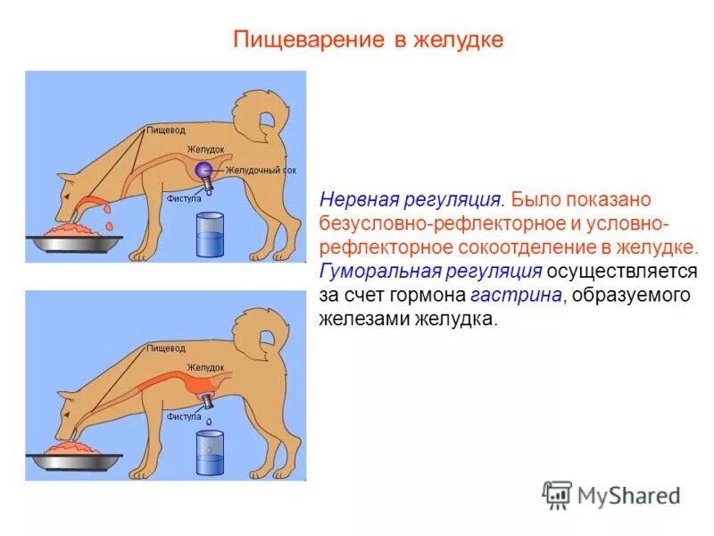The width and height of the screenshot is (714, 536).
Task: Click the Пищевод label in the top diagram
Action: coord(166,130)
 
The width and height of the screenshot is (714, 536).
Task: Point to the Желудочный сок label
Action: coord(260,170)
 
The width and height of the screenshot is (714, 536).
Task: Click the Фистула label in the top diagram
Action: coord(184,199)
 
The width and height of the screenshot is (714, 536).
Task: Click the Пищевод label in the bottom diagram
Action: coord(166,348)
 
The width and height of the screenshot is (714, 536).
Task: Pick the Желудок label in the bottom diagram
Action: coord(205,367)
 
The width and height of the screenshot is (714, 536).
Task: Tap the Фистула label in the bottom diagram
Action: coord(184,416)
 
